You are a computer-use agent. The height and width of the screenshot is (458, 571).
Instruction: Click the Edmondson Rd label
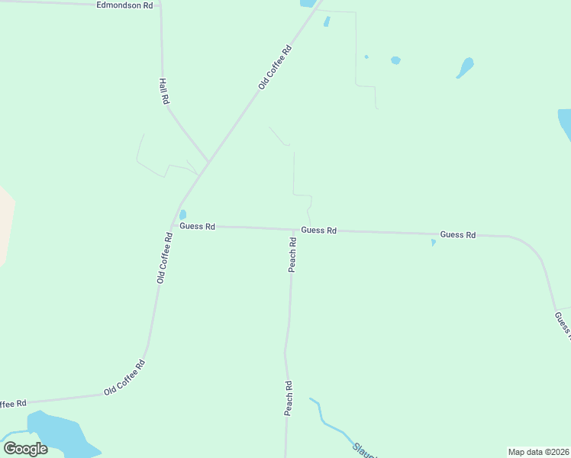tap(125, 5)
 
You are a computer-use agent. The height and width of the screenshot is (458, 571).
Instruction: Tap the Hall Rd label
tap(163, 91)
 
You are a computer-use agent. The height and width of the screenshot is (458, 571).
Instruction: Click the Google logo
tap(25, 449)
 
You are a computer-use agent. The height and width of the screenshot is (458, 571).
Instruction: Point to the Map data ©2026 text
tap(538, 452)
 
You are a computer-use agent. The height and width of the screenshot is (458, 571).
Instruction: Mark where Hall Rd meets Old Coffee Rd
tap(208, 162)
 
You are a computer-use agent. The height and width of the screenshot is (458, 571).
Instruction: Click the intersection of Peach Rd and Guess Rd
tap(294, 229)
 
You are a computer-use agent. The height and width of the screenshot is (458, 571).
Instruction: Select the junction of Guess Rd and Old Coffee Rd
tap(177, 225)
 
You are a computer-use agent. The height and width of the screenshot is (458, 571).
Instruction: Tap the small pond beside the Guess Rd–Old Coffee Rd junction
tap(182, 214)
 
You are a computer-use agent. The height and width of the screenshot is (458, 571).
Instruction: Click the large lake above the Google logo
tap(57, 433)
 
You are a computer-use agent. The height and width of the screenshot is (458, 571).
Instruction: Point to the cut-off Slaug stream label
tap(364, 450)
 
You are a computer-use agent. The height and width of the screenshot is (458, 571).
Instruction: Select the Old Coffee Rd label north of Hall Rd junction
tap(275, 67)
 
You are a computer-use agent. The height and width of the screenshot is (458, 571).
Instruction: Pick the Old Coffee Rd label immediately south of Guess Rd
tap(165, 258)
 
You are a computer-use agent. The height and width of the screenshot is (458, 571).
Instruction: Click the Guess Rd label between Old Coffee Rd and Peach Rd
tap(198, 227)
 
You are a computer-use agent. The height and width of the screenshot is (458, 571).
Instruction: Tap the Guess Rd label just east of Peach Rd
tap(319, 230)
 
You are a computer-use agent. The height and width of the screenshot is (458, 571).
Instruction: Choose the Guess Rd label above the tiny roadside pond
tap(458, 234)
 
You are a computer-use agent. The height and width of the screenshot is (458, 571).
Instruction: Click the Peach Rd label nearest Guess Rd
tap(292, 255)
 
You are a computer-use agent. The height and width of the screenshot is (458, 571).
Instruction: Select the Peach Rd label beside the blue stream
tap(289, 398)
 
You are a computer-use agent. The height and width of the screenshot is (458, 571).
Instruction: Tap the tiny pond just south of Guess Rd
tap(433, 243)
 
